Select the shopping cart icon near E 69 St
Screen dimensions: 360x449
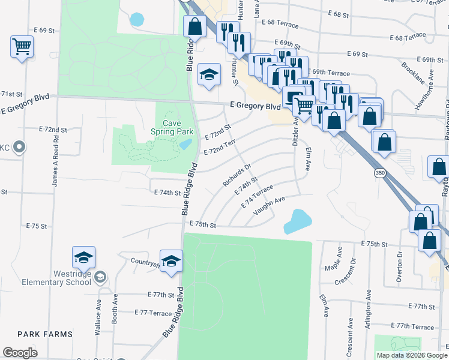tap(22, 46)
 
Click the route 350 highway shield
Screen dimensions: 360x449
tap(379, 173)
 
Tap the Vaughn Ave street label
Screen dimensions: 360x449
tap(268, 207)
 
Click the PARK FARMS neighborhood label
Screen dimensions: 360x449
tap(45, 334)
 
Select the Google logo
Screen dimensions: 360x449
tap(20, 353)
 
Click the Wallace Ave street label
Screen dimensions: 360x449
tap(98, 310)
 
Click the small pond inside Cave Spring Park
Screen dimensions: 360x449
tap(185, 145)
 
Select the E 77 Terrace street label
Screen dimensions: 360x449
tap(153, 313)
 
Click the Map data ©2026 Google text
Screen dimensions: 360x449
tap(411, 355)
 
